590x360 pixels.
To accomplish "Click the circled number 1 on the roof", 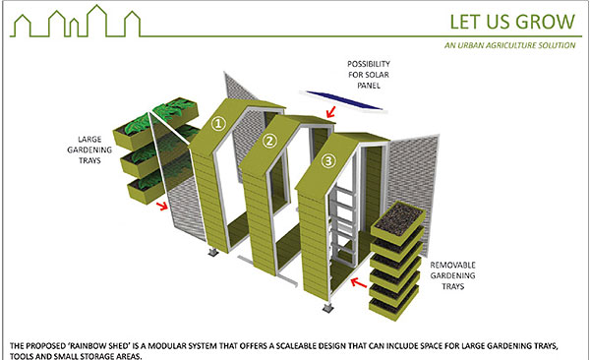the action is (x=218, y=124).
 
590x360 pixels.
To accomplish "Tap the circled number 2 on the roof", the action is (x=269, y=142).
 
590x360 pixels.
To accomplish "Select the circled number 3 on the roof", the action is (x=328, y=161).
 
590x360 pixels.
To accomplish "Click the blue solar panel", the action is (x=344, y=100).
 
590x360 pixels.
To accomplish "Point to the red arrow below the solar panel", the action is (x=330, y=112).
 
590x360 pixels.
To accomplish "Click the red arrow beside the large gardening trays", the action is (x=162, y=206).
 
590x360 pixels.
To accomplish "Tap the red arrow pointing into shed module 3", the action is (x=358, y=282).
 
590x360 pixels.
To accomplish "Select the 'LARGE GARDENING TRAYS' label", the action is (x=89, y=150).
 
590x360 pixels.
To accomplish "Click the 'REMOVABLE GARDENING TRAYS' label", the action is (x=452, y=275).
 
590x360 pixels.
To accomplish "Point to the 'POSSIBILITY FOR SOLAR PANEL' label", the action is (x=369, y=75).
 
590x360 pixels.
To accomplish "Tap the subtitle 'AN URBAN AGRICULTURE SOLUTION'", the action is (x=509, y=45).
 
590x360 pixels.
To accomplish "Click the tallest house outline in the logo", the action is (x=96, y=21).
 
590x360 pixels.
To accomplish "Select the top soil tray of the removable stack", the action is (x=399, y=221).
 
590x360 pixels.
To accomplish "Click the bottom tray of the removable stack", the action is (x=394, y=304).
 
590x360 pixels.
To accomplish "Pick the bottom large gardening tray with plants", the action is (x=146, y=188).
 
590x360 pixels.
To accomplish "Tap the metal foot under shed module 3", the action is (x=328, y=307).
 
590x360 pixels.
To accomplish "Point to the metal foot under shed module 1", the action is (x=213, y=252).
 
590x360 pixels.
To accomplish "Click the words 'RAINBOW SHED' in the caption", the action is (x=102, y=345).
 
